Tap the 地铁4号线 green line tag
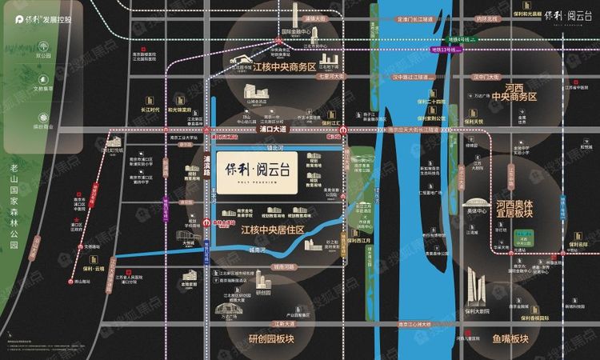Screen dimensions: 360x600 pos(462,39)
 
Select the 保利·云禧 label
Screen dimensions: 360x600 pos(93,270)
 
